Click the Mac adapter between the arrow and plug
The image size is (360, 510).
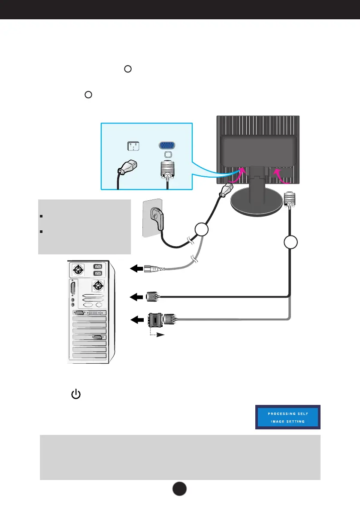point(155,319)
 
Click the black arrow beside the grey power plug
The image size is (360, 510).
point(136,269)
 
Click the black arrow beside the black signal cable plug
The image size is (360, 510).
point(136,296)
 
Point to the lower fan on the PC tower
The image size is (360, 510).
point(98,285)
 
